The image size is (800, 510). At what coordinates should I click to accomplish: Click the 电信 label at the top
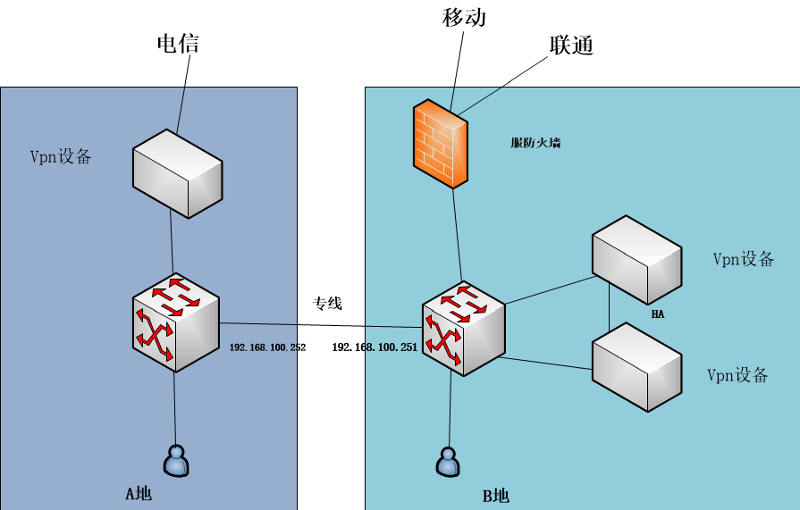178,44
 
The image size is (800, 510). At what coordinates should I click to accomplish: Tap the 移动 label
464,17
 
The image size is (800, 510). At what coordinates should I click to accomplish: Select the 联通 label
572,46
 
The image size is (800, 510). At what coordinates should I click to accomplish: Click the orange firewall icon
440,144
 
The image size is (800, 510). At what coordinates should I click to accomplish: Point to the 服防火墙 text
535,143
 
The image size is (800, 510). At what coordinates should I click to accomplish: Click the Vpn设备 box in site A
176,171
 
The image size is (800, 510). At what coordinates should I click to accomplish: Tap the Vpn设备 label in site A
61,157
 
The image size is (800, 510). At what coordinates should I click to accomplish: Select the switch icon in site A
175,322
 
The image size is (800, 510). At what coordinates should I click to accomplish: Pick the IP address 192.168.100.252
268,347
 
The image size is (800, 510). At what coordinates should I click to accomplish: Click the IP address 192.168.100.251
375,347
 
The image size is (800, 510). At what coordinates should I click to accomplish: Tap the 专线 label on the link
327,304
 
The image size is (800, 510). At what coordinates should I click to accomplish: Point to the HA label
658,314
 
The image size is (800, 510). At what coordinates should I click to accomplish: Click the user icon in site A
176,460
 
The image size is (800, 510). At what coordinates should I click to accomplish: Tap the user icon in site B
448,462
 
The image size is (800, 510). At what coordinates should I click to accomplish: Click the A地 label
139,493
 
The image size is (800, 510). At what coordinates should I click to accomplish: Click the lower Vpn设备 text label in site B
737,375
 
